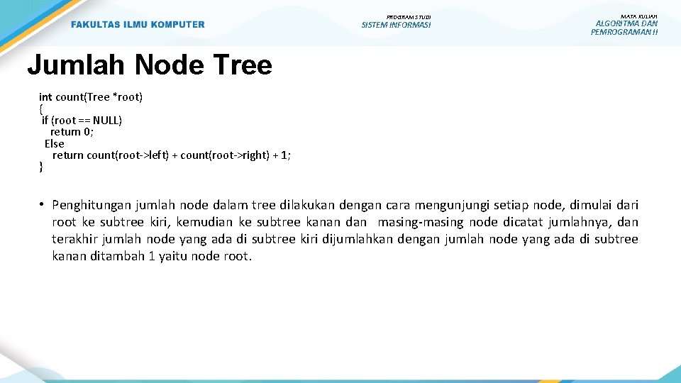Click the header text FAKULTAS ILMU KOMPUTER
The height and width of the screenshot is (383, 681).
(138, 25)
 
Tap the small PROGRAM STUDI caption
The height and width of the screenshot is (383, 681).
(408, 16)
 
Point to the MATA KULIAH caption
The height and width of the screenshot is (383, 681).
(638, 16)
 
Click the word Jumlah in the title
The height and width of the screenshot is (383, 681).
(76, 65)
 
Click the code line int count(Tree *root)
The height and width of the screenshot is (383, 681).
(91, 96)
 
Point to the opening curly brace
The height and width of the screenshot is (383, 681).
(41, 109)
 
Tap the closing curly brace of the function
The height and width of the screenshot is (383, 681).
(41, 167)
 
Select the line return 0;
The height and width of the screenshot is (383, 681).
(72, 131)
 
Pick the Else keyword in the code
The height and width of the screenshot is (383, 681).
(54, 143)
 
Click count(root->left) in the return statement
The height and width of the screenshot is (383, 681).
(128, 155)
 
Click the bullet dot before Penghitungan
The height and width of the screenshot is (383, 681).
(43, 205)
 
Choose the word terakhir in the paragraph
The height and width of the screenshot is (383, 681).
(74, 239)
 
